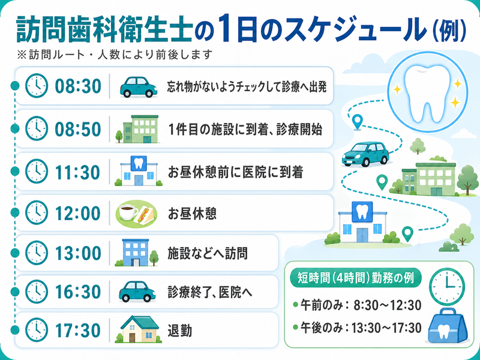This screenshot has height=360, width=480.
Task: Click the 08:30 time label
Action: (x=78, y=86)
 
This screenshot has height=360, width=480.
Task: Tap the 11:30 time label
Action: (x=78, y=172)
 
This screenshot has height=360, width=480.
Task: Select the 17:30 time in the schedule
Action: (x=78, y=331)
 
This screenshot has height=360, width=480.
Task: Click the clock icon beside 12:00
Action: (x=37, y=213)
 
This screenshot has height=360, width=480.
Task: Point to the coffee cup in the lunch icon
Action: (x=128, y=212)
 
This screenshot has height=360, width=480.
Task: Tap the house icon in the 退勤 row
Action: (x=139, y=329)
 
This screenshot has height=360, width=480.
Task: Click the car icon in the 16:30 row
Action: (x=137, y=292)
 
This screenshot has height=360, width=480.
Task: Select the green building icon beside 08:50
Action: (x=138, y=129)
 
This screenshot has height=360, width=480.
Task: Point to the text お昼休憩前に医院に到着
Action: (x=235, y=172)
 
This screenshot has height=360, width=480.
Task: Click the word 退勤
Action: (x=179, y=331)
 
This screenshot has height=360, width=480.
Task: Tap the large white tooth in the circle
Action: (x=428, y=92)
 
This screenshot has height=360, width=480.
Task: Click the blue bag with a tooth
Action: (x=448, y=326)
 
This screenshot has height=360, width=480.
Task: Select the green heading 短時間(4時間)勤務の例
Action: (x=356, y=278)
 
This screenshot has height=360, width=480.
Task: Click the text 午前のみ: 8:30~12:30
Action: (x=357, y=305)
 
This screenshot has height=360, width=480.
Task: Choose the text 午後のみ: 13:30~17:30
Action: (x=357, y=328)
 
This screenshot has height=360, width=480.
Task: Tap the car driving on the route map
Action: (x=365, y=154)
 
